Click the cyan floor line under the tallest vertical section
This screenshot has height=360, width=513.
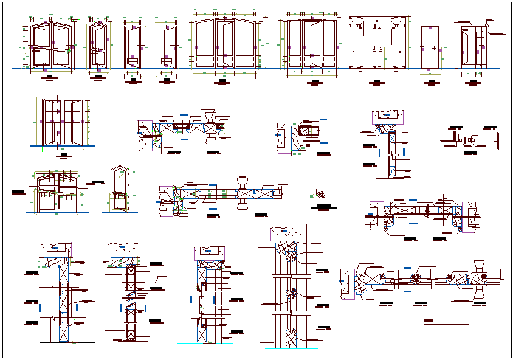tap(204, 343)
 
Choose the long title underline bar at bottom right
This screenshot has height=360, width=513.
tap(447, 325)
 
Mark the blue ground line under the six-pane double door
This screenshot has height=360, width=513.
tap(61, 146)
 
